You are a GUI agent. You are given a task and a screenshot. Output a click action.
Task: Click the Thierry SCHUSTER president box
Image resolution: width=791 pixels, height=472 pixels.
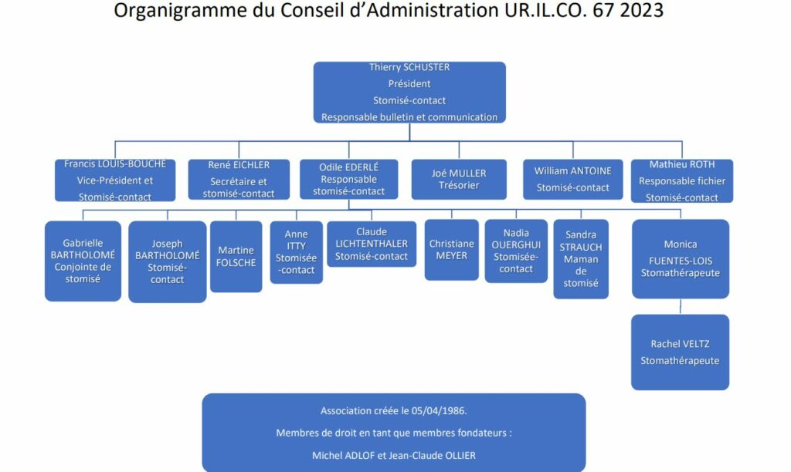click(409, 93)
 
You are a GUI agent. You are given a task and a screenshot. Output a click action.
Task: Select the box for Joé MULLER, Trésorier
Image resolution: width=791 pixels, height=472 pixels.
click(459, 180)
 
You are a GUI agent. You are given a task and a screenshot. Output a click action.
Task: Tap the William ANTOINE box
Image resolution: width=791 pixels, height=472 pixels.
click(572, 180)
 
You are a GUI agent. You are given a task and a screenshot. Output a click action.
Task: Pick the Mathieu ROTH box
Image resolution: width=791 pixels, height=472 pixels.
click(681, 180)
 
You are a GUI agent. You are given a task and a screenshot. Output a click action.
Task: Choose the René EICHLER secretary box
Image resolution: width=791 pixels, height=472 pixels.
click(239, 180)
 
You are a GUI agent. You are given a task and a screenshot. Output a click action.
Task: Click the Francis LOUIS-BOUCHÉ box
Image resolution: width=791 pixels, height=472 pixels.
click(115, 180)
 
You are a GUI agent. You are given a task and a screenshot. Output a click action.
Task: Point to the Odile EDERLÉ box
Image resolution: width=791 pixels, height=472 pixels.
click(348, 179)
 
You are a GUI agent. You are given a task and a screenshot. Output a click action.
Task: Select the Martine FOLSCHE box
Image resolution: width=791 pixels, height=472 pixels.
click(236, 256)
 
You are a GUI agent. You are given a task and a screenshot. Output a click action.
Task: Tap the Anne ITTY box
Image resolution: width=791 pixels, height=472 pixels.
click(296, 252)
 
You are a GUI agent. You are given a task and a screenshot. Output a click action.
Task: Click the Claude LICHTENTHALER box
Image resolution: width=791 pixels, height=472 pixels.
click(372, 244)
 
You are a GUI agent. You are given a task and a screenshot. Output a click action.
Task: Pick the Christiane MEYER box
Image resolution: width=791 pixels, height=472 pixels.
click(451, 249)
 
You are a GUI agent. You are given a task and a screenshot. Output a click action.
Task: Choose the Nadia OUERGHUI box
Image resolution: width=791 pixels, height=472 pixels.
click(516, 251)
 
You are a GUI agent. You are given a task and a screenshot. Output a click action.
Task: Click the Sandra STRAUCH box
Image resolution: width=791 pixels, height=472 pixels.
click(581, 259)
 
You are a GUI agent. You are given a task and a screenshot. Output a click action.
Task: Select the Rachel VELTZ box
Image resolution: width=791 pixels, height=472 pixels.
click(680, 352)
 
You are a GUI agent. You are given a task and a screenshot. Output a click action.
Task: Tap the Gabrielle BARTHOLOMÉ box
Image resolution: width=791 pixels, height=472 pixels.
click(83, 261)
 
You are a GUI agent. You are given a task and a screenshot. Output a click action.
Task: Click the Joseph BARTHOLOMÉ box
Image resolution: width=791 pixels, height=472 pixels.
click(167, 261)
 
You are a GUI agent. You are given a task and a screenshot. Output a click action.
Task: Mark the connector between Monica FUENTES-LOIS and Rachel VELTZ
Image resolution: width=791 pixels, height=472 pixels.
click(680, 307)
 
